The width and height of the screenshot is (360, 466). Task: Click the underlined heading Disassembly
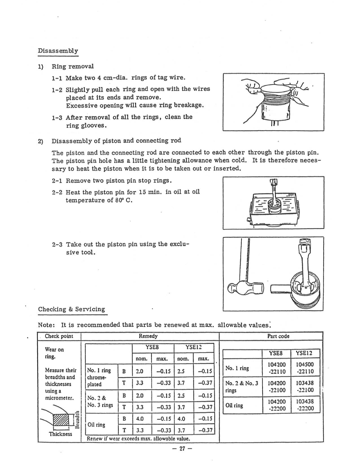click(58, 51)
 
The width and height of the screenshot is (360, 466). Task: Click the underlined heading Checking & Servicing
click(71, 309)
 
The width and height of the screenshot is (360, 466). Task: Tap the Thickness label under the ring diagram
click(61, 434)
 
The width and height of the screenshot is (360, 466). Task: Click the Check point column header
click(59, 336)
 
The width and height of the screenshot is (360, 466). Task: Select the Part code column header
click(278, 336)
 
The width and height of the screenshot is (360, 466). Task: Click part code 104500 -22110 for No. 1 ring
click(305, 368)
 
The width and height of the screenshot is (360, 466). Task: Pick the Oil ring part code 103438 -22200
click(305, 405)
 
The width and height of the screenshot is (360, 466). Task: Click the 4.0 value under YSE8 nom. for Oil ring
click(140, 419)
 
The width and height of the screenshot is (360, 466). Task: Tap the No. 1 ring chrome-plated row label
click(99, 377)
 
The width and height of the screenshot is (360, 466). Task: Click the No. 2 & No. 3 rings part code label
click(241, 387)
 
